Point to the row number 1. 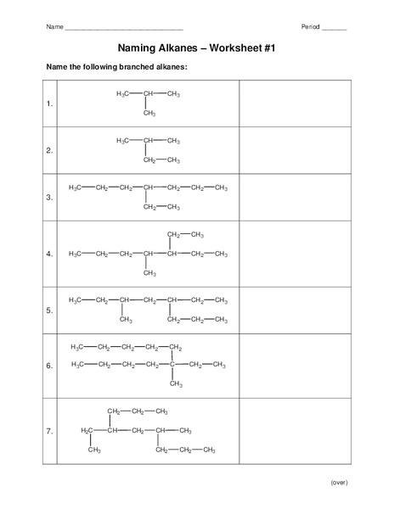point(50,104)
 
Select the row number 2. point(50,151)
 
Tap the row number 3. point(50,198)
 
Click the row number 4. point(50,254)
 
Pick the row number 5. point(50,310)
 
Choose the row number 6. point(50,366)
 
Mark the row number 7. point(50,432)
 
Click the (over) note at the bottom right point(339,482)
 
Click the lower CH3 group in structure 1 point(149,113)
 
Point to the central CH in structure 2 point(149,140)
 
